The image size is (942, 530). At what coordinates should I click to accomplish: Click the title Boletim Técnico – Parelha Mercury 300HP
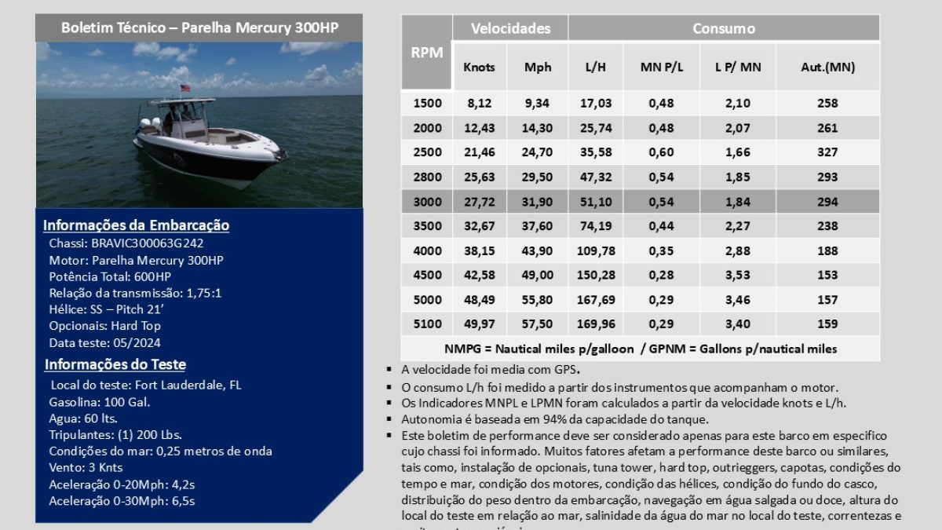coord(199,27)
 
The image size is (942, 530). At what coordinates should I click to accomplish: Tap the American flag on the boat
coord(185,89)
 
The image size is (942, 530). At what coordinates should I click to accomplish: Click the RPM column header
coord(426,53)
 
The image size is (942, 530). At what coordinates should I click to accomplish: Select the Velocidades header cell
coord(510,28)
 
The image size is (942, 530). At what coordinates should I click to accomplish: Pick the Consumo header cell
coord(723,28)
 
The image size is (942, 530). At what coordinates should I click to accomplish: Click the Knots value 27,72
coord(480,202)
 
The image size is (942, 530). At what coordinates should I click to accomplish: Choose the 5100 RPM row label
coord(427,323)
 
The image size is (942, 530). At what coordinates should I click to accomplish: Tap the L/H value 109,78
coord(596,250)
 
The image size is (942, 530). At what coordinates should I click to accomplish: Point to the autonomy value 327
coord(827,152)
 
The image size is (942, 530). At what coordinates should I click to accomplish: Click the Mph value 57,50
coord(538,323)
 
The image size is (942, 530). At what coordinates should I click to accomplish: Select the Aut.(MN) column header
coord(827,67)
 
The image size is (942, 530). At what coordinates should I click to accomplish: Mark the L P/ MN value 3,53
coord(738,275)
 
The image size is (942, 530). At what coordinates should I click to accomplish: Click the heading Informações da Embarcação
coord(136,225)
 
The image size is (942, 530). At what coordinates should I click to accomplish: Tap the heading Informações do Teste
coord(115,364)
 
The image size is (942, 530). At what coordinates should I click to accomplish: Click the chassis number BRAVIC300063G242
coord(148,243)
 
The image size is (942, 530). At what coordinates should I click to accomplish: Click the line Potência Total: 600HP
coord(110,276)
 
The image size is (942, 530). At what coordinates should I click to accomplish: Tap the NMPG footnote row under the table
coord(640,349)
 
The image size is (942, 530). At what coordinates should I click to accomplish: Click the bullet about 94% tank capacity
coord(555,419)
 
